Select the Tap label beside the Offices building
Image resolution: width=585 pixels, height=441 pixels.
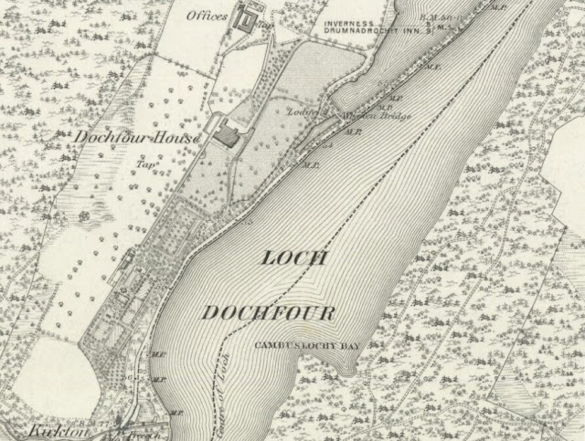coord(268,27)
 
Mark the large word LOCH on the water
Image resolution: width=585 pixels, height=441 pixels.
coord(294,258)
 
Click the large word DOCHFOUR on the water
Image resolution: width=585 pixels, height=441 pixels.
coord(268,313)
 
